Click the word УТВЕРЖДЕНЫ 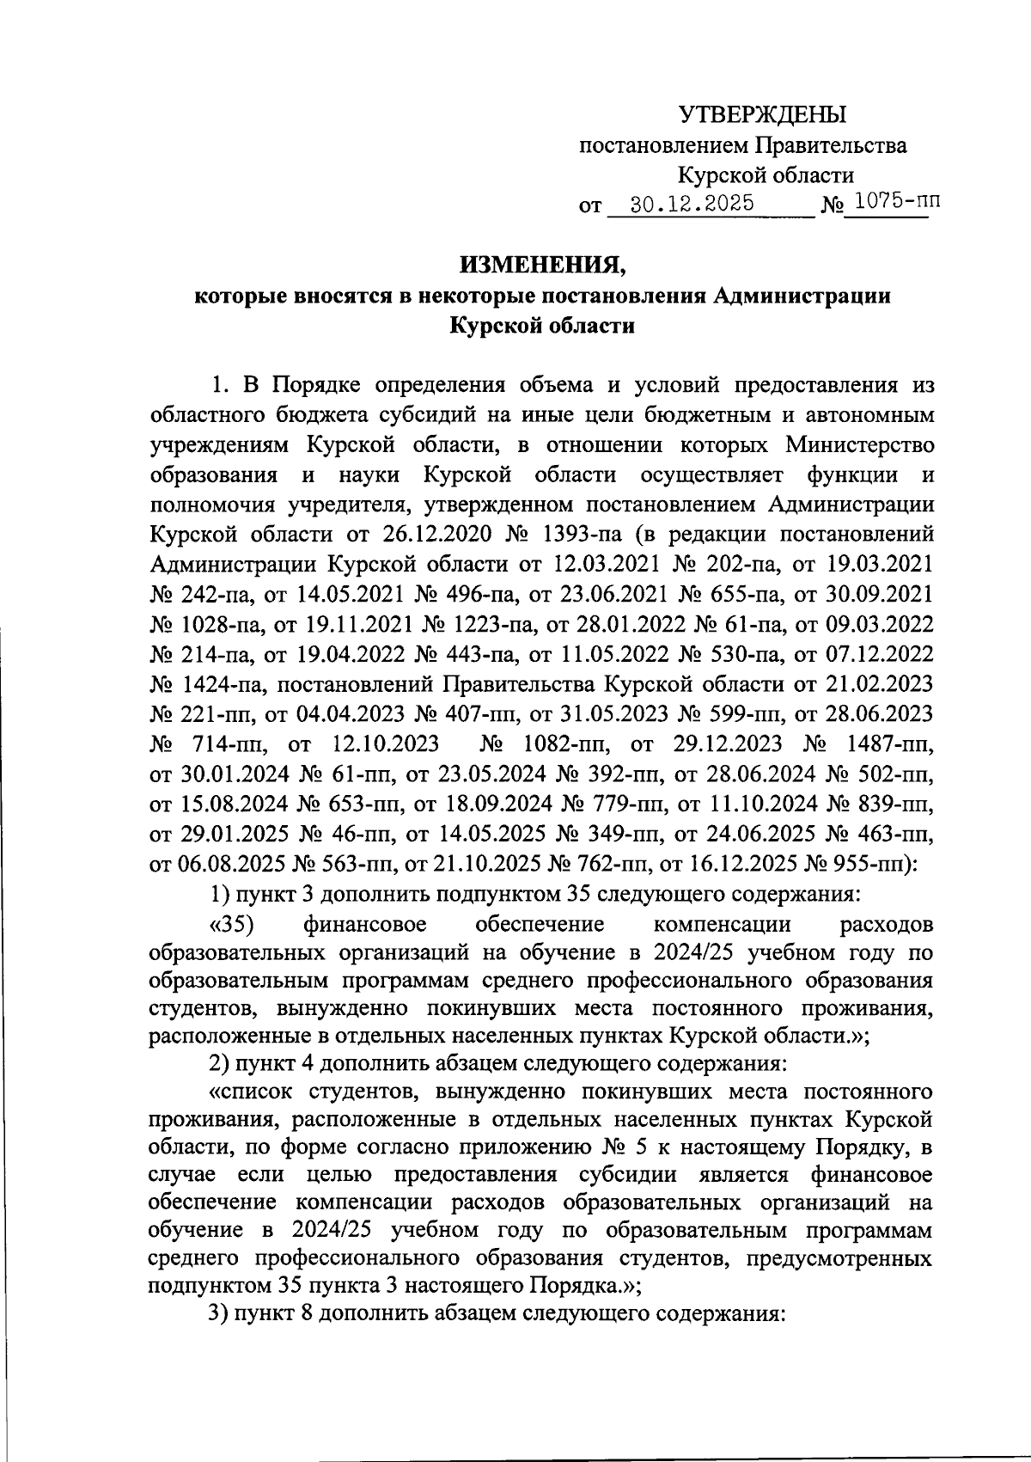coord(762,114)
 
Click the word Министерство coord(859,445)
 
